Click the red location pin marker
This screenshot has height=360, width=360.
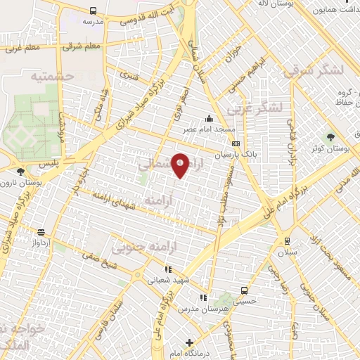pyautogui.click(x=180, y=165)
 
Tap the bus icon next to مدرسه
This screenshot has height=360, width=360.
pyautogui.click(x=94, y=11)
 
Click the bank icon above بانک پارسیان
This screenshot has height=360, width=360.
pyautogui.click(x=235, y=143)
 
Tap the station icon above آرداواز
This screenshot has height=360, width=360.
pyautogui.click(x=41, y=232)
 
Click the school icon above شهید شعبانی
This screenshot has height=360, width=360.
pyautogui.click(x=167, y=269)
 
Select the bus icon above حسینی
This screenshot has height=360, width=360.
pyautogui.click(x=244, y=290)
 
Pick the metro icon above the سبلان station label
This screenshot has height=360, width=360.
pyautogui.click(x=285, y=241)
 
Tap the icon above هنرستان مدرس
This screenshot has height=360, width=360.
pyautogui.click(x=203, y=298)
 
